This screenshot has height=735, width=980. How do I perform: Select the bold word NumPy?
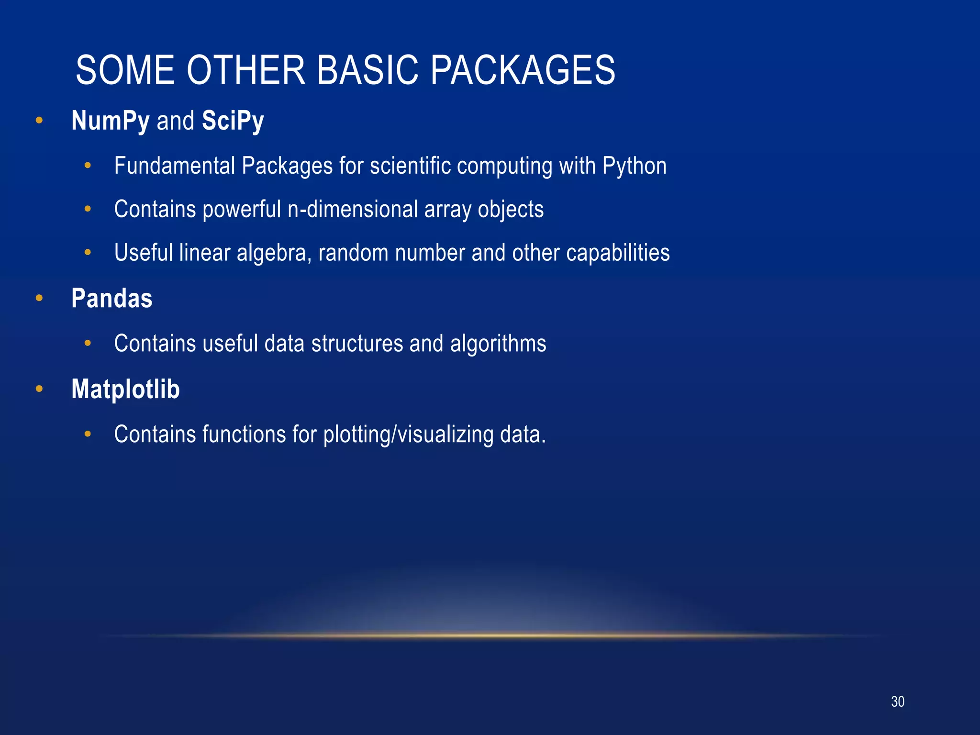tap(111, 121)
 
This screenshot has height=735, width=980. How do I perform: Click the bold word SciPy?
tap(233, 121)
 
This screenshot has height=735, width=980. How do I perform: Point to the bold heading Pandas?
tap(111, 298)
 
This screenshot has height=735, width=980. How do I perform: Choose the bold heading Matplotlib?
tap(125, 389)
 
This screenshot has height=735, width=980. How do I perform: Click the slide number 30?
tap(897, 702)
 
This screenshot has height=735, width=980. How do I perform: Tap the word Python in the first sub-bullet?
tap(634, 167)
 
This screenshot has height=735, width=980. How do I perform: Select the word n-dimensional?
tap(353, 210)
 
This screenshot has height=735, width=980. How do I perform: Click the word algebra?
tap(274, 253)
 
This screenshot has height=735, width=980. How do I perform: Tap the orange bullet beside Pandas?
tap(39, 299)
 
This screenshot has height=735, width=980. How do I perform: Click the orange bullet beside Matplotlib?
tap(39, 389)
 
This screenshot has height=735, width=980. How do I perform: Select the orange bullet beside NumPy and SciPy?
tap(39, 121)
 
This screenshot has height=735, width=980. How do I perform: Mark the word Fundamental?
tap(175, 166)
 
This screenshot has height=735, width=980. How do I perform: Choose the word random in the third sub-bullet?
tap(353, 253)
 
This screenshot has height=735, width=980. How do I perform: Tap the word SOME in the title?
tap(125, 70)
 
